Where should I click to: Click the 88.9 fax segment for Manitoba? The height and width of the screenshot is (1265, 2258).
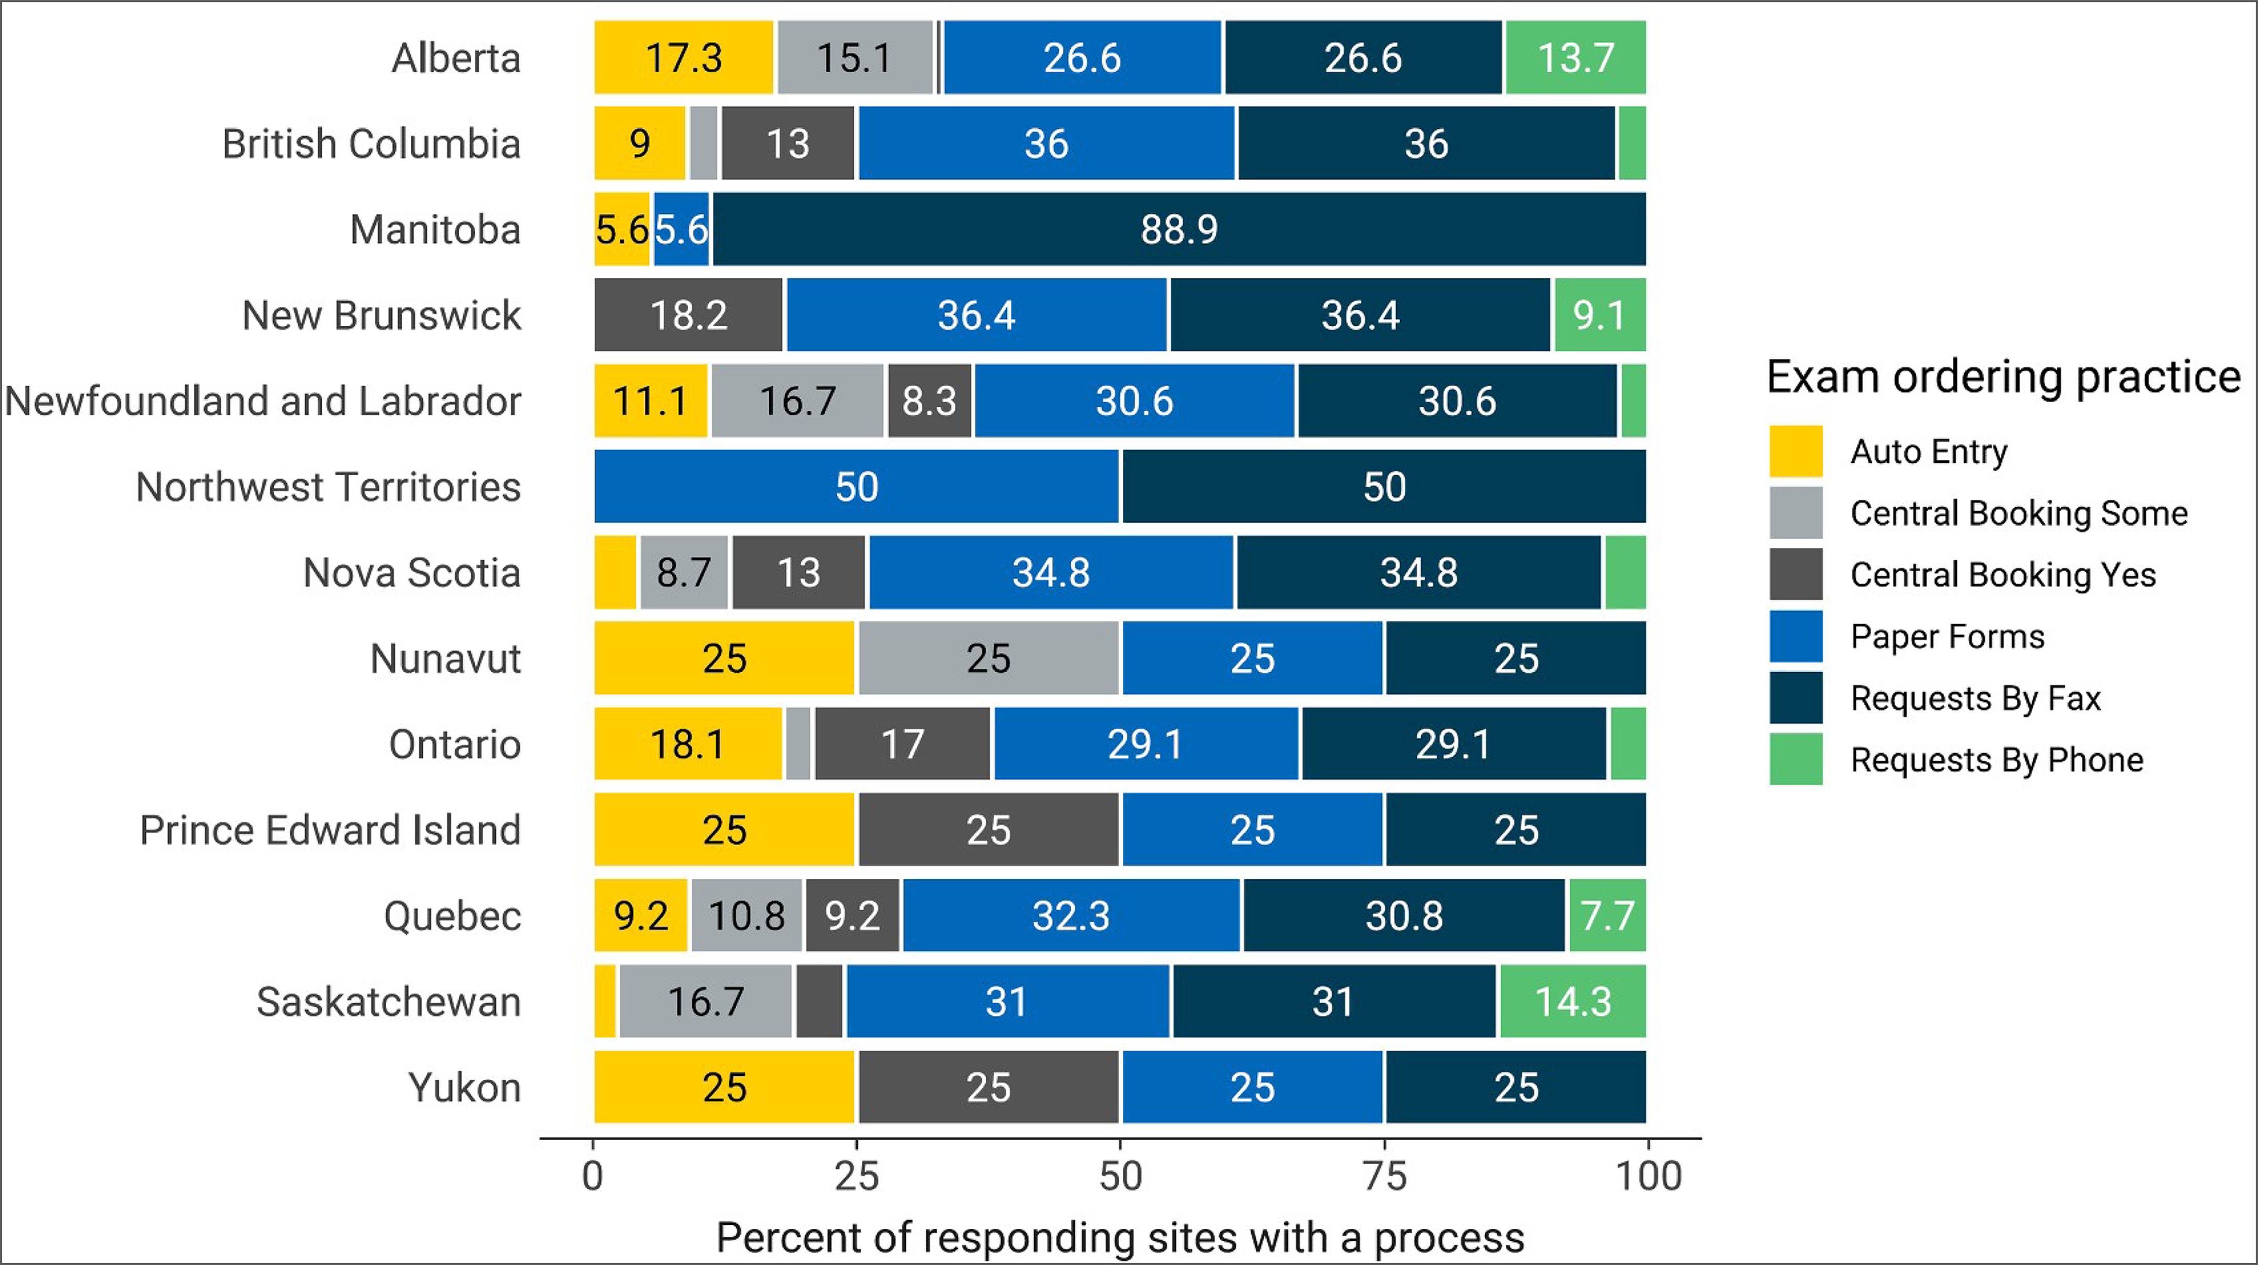pyautogui.click(x=1179, y=230)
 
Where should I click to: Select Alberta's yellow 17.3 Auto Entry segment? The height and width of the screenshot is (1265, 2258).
pyautogui.click(x=684, y=58)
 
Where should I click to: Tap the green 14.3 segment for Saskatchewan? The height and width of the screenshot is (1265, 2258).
pyautogui.click(x=1572, y=1001)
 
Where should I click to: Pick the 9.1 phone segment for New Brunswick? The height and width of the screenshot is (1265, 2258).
pyautogui.click(x=1599, y=315)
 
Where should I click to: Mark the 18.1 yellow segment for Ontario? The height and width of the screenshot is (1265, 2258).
pyautogui.click(x=687, y=744)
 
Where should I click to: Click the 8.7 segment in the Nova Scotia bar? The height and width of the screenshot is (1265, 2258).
pyautogui.click(x=684, y=573)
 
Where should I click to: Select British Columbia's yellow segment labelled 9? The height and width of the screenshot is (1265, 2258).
pyautogui.click(x=640, y=144)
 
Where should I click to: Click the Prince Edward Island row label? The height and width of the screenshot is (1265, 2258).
pyautogui.click(x=330, y=830)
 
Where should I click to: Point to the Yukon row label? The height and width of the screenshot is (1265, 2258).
pyautogui.click(x=464, y=1088)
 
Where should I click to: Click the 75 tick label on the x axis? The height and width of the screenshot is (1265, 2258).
pyautogui.click(x=1385, y=1176)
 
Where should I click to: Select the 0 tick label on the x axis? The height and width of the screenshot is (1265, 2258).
pyautogui.click(x=593, y=1176)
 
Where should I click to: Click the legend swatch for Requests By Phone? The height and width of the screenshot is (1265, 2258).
pyautogui.click(x=1795, y=759)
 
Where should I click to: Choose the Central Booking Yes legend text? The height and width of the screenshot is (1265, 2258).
pyautogui.click(x=2003, y=575)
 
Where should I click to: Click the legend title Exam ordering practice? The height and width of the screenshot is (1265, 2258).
pyautogui.click(x=2003, y=377)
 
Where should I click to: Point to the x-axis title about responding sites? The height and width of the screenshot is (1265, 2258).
pyautogui.click(x=1120, y=1238)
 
